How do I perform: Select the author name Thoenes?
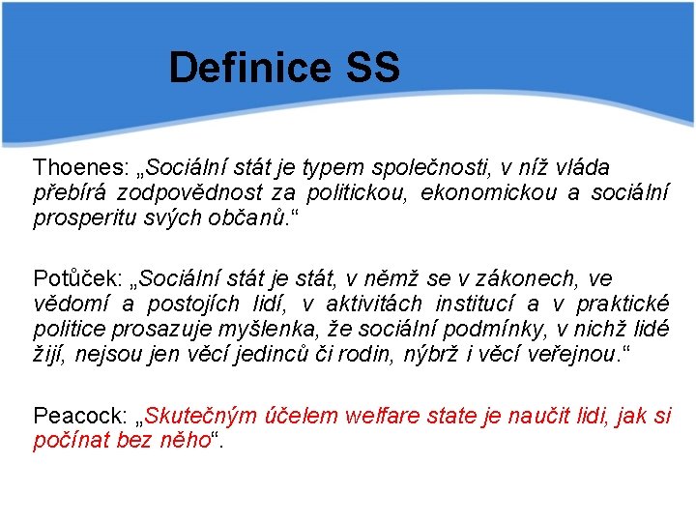pos(72,167)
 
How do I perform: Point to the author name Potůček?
pos(72,278)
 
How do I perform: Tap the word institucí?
pos(478,303)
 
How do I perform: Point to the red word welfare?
pos(378,417)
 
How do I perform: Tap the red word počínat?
pos(69,440)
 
